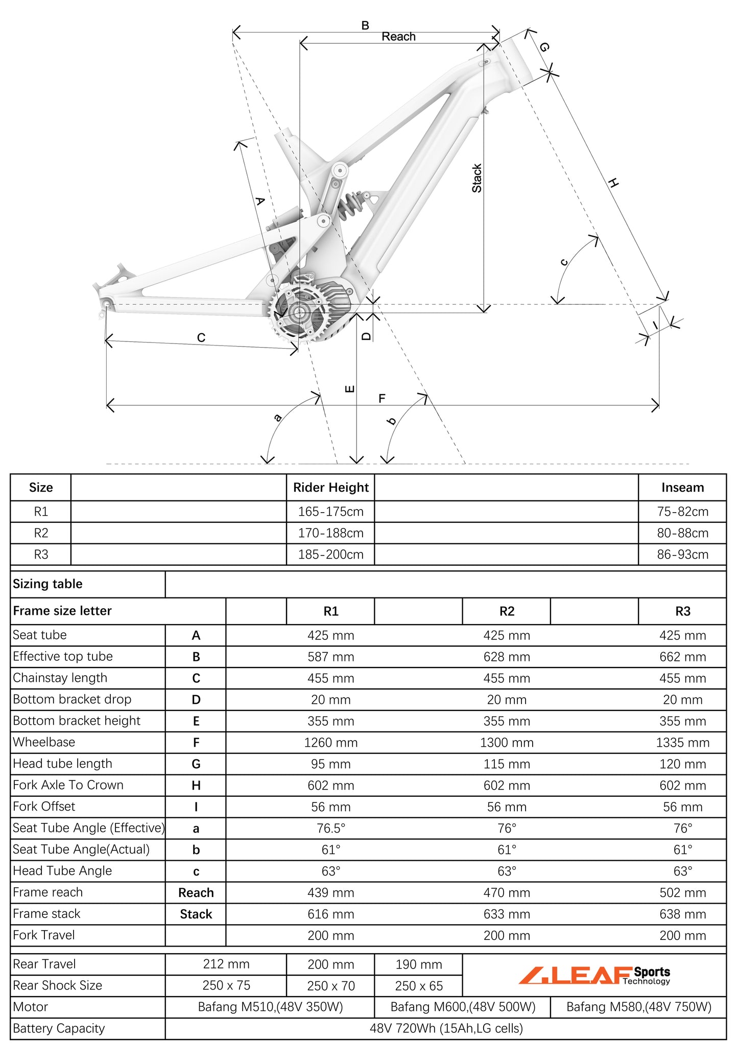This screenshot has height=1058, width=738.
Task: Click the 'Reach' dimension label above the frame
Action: coord(398,37)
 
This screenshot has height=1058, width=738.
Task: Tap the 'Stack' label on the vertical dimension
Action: coord(477,178)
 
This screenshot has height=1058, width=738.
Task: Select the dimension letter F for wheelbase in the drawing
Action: coord(382,398)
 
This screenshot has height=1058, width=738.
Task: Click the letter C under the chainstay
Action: coord(201,338)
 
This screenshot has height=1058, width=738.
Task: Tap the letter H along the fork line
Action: coord(613,183)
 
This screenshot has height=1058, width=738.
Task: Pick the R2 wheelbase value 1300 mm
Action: coord(507,742)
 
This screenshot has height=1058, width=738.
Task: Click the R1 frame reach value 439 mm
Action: coord(330,892)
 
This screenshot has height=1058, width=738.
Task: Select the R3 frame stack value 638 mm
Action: coord(682,914)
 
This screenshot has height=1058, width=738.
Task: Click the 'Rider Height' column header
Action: coord(330,488)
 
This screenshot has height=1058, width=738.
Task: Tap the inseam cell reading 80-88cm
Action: coord(682,533)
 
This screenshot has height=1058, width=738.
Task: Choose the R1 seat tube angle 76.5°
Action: coord(330,828)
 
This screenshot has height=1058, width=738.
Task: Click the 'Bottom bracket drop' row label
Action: coord(72,699)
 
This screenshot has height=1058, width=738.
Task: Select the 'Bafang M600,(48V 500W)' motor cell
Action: coord(463,1007)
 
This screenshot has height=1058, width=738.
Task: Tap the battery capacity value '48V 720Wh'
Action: coord(446,1028)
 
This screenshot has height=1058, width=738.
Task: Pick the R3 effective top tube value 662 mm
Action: coord(682,657)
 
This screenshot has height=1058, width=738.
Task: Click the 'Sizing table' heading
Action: coord(47,584)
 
